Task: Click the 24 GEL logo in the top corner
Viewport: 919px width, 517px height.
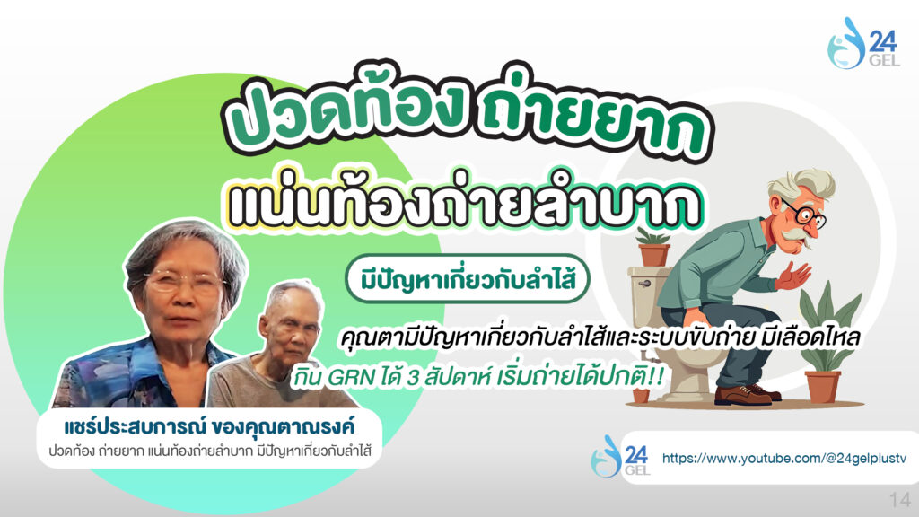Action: tap(862, 43)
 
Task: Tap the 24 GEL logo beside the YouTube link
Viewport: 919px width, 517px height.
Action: tap(620, 456)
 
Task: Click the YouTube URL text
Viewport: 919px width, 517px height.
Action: tap(784, 458)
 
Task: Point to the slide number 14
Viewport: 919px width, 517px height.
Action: tap(899, 500)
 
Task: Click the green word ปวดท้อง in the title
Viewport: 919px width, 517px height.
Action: tap(346, 107)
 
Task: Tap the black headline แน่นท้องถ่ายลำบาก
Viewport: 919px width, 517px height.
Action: tap(465, 201)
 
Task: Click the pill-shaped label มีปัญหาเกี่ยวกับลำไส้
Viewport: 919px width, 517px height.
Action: tap(467, 278)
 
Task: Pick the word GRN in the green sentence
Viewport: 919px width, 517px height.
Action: tap(351, 378)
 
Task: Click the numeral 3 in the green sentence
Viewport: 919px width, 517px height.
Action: tap(413, 378)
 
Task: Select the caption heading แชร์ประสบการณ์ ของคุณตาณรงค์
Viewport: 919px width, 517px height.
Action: tap(209, 426)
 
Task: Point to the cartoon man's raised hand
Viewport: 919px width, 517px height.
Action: tap(794, 275)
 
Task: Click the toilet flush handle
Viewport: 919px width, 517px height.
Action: tap(644, 285)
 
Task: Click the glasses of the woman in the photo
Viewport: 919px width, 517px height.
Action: tap(184, 282)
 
